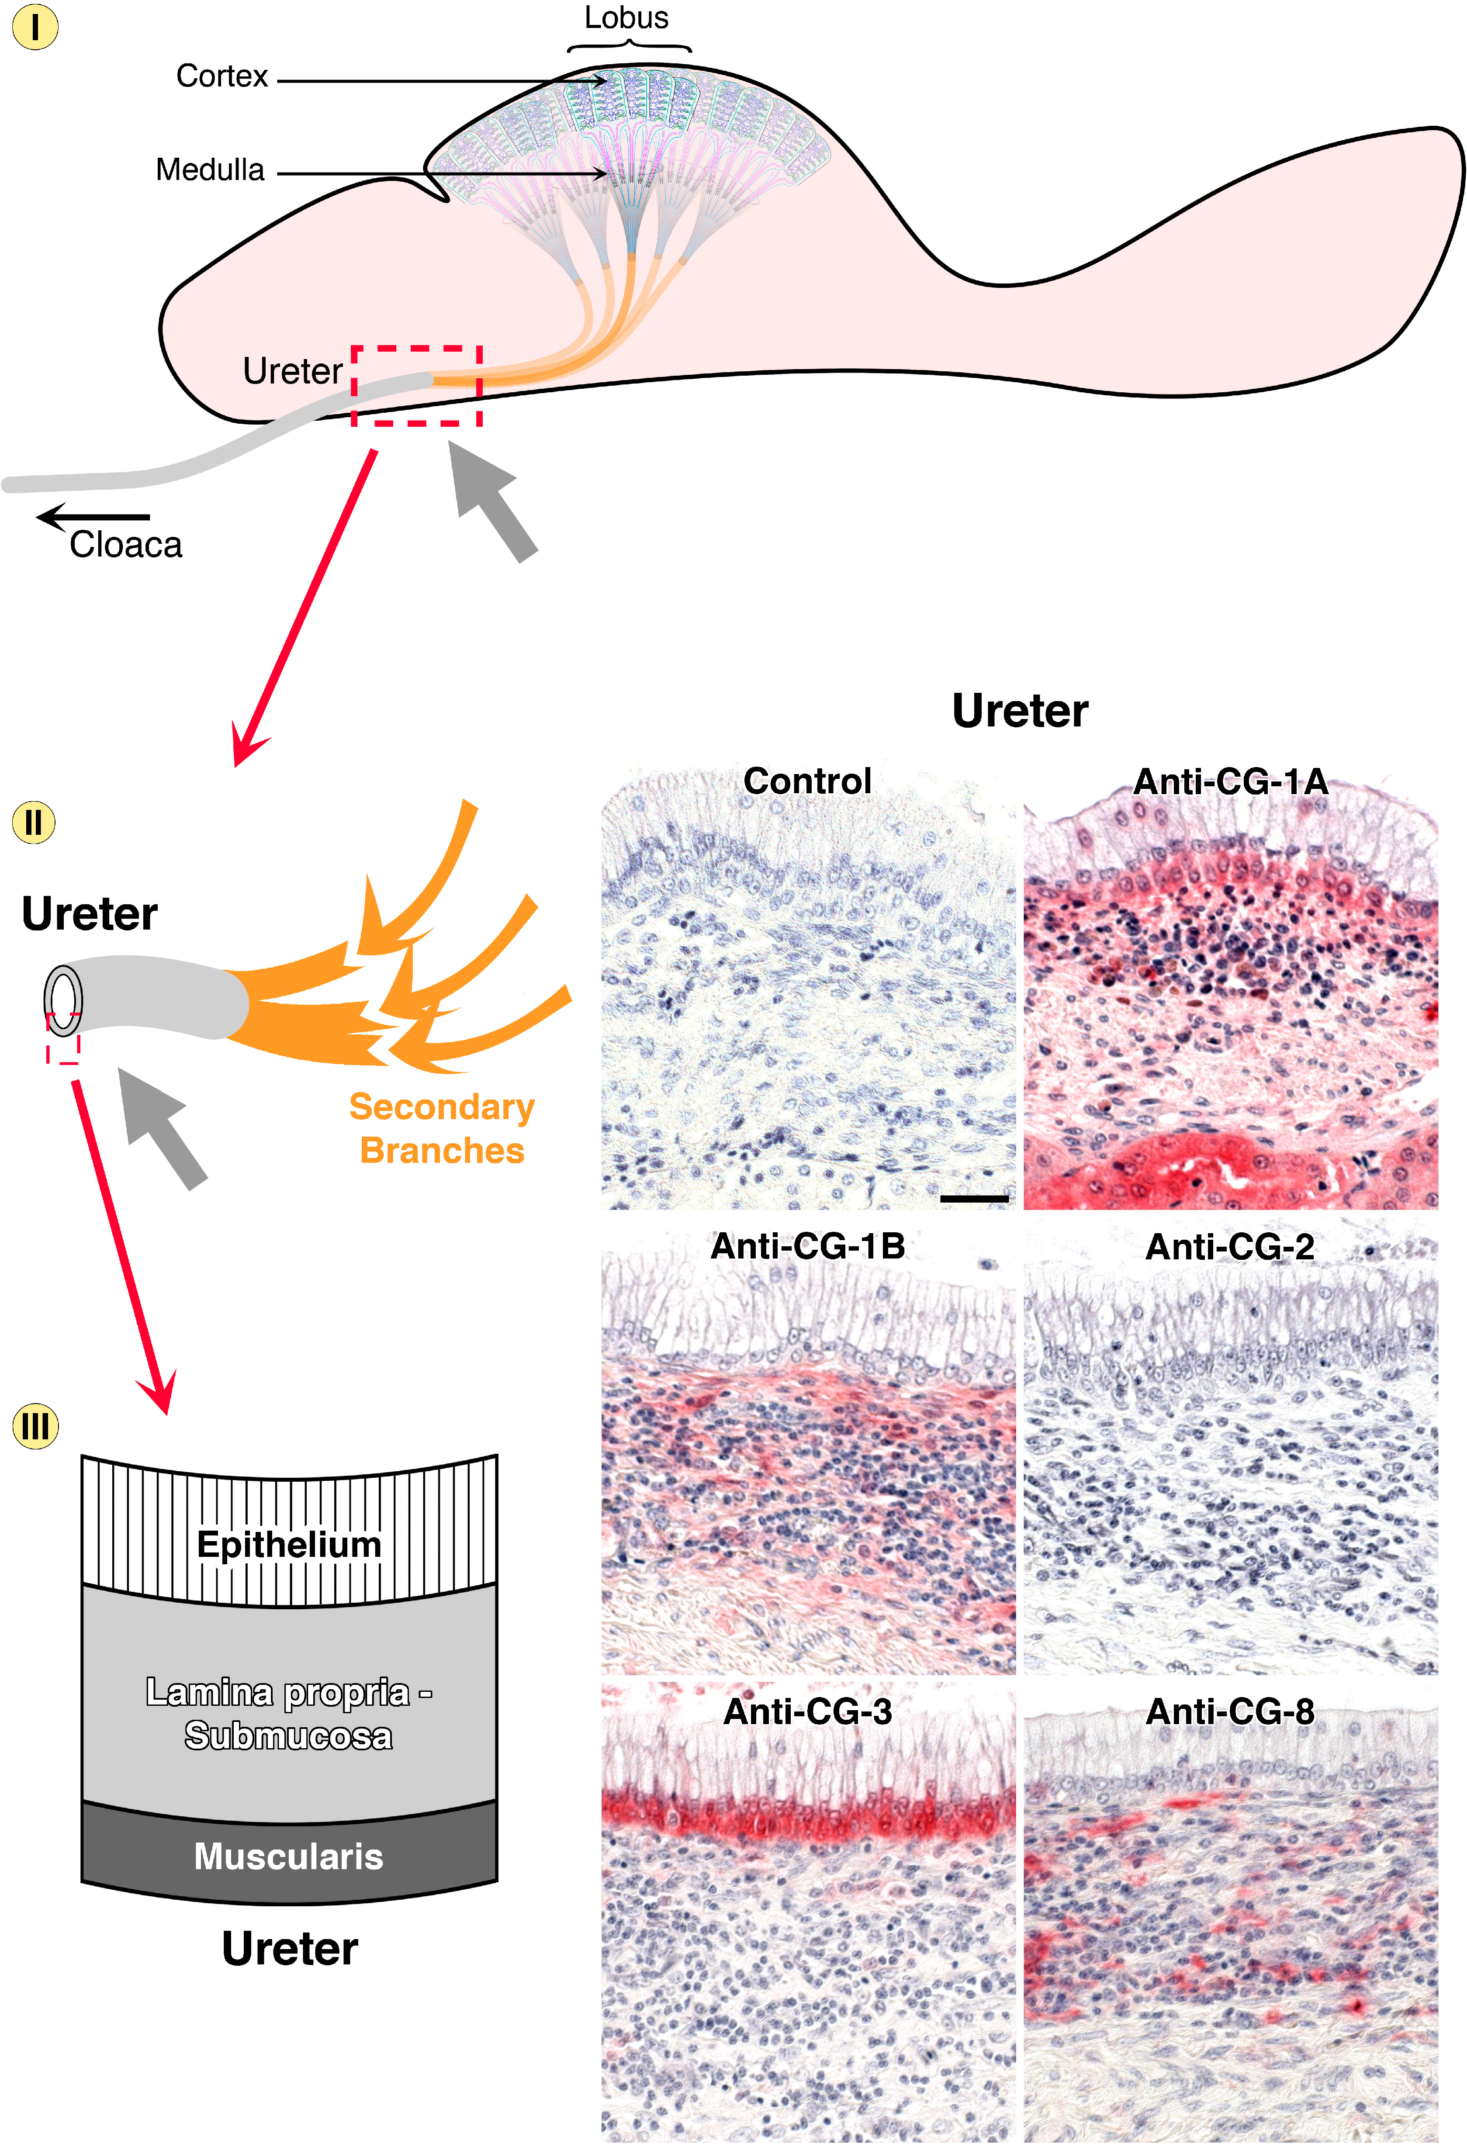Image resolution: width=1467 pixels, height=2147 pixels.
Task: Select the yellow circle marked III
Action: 35,1425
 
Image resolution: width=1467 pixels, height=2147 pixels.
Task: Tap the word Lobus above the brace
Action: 626,17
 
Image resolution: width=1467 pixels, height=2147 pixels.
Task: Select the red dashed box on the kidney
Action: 417,385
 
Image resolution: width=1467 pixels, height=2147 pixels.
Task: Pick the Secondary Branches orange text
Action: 442,1128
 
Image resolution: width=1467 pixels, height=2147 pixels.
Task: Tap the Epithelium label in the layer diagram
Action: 289,1545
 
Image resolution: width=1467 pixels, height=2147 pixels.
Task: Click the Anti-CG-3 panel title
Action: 807,1712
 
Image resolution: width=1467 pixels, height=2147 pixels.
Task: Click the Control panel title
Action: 807,781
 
